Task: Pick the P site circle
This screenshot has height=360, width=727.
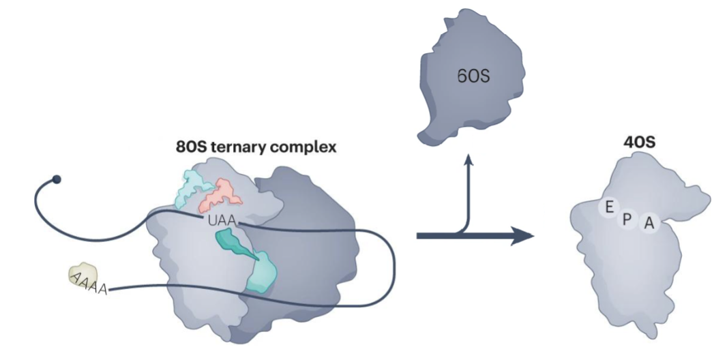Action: click(x=626, y=217)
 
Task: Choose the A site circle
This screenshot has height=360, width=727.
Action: click(x=649, y=222)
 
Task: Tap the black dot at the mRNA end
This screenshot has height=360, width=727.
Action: click(x=57, y=179)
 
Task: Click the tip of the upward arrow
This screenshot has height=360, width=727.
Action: click(x=469, y=157)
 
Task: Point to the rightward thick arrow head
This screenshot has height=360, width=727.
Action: click(x=525, y=236)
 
